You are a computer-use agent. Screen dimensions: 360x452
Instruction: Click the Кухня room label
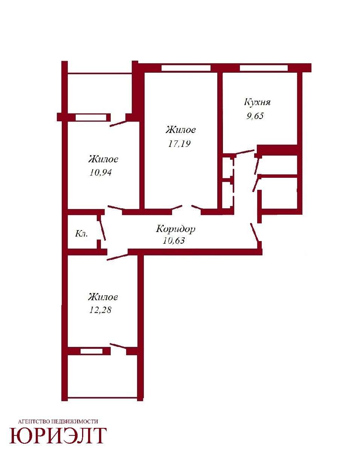pyautogui.click(x=257, y=102)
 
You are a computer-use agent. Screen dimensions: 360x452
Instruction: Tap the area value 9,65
pyautogui.click(x=255, y=116)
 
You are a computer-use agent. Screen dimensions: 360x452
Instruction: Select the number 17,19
pyautogui.click(x=179, y=144)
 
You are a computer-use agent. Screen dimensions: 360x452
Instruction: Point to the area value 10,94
pyautogui.click(x=101, y=173)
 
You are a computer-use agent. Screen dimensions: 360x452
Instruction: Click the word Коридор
pyautogui.click(x=175, y=229)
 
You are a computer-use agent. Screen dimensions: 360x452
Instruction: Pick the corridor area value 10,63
pyautogui.click(x=174, y=240)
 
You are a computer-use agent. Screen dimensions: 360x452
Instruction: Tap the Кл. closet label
pyautogui.click(x=81, y=234)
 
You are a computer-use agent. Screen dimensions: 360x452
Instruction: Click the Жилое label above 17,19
pyautogui.click(x=181, y=130)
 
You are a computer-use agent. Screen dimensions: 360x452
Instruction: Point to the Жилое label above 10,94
pyautogui.click(x=103, y=159)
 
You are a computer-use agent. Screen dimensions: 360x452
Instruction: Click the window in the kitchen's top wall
pyautogui.click(x=264, y=68)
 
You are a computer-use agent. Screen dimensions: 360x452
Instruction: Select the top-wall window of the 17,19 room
pyautogui.click(x=186, y=68)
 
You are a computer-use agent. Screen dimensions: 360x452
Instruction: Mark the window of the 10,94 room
pyautogui.click(x=91, y=118)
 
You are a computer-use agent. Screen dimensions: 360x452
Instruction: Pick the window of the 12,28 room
pyautogui.click(x=92, y=351)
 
